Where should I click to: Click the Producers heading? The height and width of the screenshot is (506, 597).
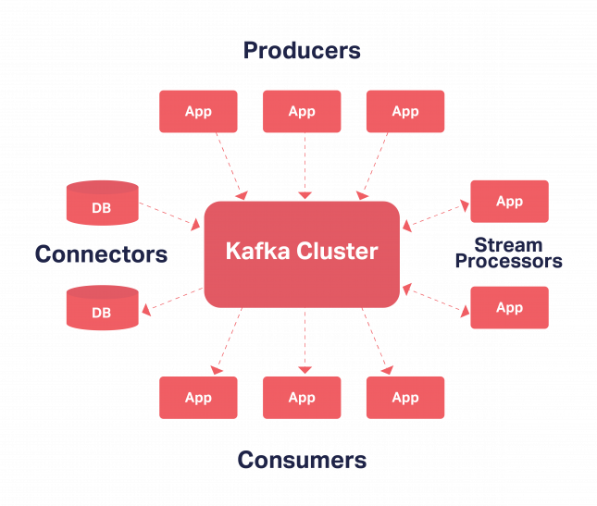coord(302,50)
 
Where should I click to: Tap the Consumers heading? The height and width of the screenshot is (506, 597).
coord(302,460)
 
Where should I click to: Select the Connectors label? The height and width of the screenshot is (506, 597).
coord(101,253)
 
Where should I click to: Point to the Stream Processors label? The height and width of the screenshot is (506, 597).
coord(508,253)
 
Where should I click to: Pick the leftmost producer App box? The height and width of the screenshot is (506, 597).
coord(198,112)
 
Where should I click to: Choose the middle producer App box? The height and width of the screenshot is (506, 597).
coord(302,112)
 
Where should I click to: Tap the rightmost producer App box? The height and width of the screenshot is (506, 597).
coord(405,112)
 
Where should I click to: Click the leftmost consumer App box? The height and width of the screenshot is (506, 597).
coord(198,398)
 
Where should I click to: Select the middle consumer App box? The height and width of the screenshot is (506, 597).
coord(302,398)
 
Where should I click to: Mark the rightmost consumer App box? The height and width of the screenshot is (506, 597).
coord(405,398)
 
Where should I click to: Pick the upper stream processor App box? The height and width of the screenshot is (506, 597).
coord(509,202)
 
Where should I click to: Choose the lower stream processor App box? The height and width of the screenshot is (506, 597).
coord(509,308)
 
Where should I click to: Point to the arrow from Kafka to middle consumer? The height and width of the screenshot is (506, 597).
coord(303,340)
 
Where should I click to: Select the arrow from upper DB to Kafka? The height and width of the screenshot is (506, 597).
coord(171,214)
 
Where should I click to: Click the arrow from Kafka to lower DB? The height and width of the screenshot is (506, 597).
coord(171,298)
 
